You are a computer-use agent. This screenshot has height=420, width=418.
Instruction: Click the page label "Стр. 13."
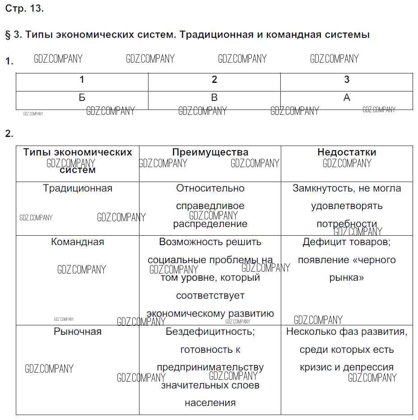tap(24, 9)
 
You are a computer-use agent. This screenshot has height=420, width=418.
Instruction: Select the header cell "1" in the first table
tap(82, 80)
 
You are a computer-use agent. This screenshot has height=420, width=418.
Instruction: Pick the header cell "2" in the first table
tap(214, 80)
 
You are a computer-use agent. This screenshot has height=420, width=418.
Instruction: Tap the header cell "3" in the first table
tap(347, 80)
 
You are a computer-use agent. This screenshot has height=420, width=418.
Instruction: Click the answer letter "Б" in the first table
tap(82, 97)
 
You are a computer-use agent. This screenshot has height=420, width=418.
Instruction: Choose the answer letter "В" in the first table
tap(214, 97)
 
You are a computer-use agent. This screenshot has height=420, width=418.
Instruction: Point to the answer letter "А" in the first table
tap(347, 97)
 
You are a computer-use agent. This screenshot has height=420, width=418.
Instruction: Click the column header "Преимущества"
tap(210, 152)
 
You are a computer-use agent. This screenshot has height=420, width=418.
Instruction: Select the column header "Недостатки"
tap(347, 152)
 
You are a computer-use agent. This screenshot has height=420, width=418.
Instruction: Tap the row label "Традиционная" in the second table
tap(78, 188)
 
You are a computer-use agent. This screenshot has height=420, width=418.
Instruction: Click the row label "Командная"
tap(78, 242)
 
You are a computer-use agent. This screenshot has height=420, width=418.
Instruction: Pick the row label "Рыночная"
tap(78, 332)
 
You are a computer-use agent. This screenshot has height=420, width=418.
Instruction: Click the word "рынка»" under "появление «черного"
tap(347, 278)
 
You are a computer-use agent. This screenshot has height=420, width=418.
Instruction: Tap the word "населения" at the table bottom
tap(210, 403)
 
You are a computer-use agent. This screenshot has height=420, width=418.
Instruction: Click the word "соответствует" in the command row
tap(210, 296)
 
